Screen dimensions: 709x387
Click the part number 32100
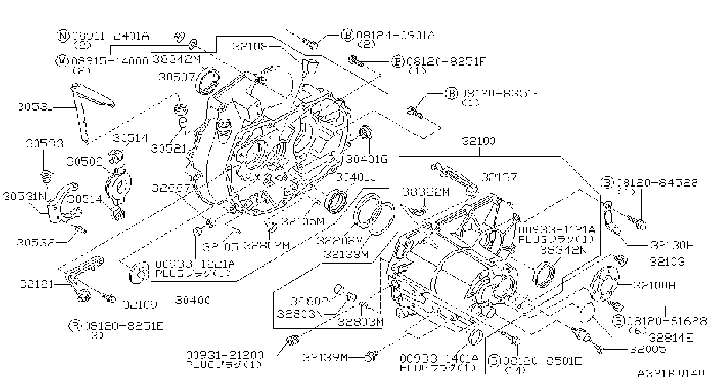(x=478, y=141)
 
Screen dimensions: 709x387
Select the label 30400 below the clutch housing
(x=193, y=300)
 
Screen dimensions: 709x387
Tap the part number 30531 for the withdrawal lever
(x=35, y=107)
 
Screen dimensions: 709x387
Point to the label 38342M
(x=177, y=59)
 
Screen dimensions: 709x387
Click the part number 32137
(x=499, y=177)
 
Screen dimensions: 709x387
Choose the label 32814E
(x=671, y=338)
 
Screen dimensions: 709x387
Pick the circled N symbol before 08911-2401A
(x=63, y=36)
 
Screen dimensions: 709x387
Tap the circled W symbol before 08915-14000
(x=62, y=61)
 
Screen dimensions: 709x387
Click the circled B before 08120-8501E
(x=494, y=361)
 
